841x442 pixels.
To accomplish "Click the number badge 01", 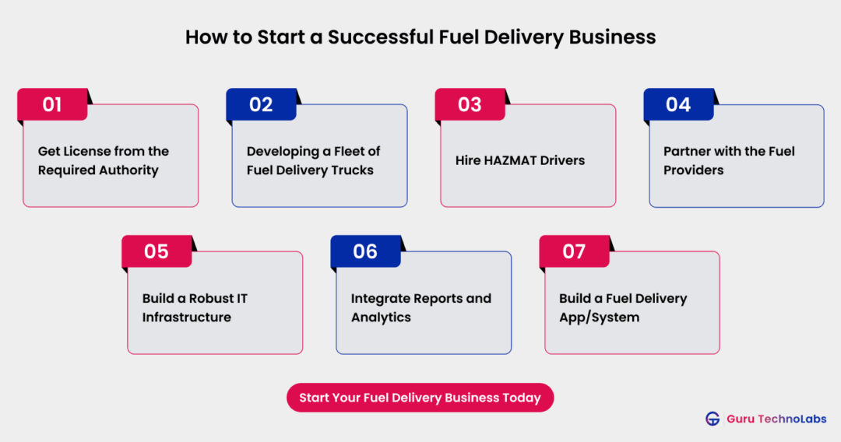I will (52, 104).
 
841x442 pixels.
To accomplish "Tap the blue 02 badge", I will (261, 104).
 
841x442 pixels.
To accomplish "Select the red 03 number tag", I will (470, 104).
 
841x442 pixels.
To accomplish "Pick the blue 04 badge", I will (678, 104).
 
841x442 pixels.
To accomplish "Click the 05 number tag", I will (157, 251).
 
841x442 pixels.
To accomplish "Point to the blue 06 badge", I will (365, 251).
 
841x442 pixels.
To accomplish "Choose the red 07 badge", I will (574, 251).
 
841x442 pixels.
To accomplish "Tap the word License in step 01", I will (89, 152).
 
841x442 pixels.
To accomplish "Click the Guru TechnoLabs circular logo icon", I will (713, 419).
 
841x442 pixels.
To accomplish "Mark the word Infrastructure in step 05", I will (186, 317).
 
